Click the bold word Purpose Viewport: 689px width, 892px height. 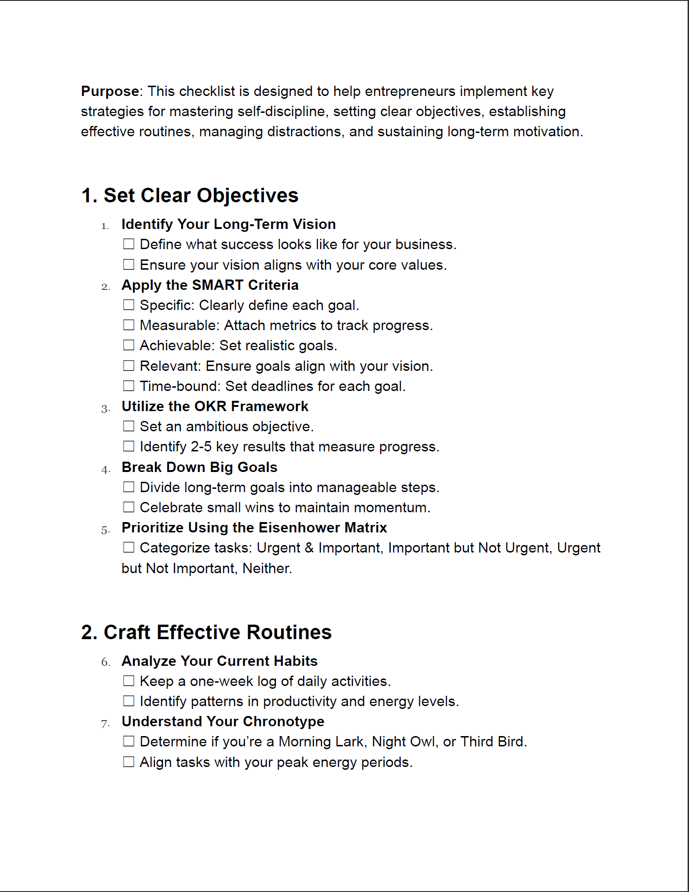[x=110, y=91]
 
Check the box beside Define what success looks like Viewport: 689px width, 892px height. [x=129, y=244]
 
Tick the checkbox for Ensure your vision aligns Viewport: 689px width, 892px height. [x=129, y=265]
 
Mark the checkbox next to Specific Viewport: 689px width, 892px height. [x=129, y=305]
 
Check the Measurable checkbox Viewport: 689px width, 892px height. [x=129, y=325]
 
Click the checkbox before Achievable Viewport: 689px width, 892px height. [x=129, y=345]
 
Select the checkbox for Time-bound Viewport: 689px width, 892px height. [x=129, y=386]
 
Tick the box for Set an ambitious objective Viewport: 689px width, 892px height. [x=129, y=426]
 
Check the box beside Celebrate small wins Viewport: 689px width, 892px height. [x=129, y=507]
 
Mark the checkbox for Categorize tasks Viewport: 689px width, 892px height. [x=129, y=547]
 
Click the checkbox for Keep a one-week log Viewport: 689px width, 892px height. [x=129, y=681]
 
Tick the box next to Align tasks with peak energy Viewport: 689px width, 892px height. [x=129, y=762]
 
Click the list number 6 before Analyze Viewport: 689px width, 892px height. [x=105, y=662]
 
